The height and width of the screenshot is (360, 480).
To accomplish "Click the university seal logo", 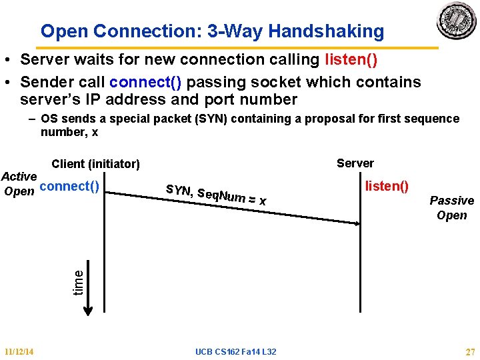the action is (x=456, y=21).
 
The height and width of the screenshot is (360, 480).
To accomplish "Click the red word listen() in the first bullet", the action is (x=351, y=60).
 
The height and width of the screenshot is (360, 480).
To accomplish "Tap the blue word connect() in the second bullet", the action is (x=147, y=82).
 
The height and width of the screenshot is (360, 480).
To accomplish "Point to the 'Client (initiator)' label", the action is (x=95, y=164).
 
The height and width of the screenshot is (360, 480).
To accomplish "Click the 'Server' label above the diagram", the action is (x=355, y=163).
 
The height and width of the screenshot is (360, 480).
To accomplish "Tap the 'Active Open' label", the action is (x=19, y=184).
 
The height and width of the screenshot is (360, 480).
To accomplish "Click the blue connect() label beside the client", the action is (x=69, y=186).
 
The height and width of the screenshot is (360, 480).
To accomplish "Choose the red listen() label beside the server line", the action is (x=387, y=186).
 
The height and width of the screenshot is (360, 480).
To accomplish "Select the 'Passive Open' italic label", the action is (x=451, y=207).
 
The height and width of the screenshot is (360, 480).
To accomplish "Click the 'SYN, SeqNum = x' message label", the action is (x=216, y=194).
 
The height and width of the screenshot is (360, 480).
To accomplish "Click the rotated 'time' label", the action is (x=79, y=281).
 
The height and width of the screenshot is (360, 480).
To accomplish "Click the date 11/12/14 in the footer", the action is (x=19, y=351).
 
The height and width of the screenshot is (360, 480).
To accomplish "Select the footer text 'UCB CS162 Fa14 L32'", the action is (x=236, y=351).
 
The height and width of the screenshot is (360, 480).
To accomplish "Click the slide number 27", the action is (x=469, y=351).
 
